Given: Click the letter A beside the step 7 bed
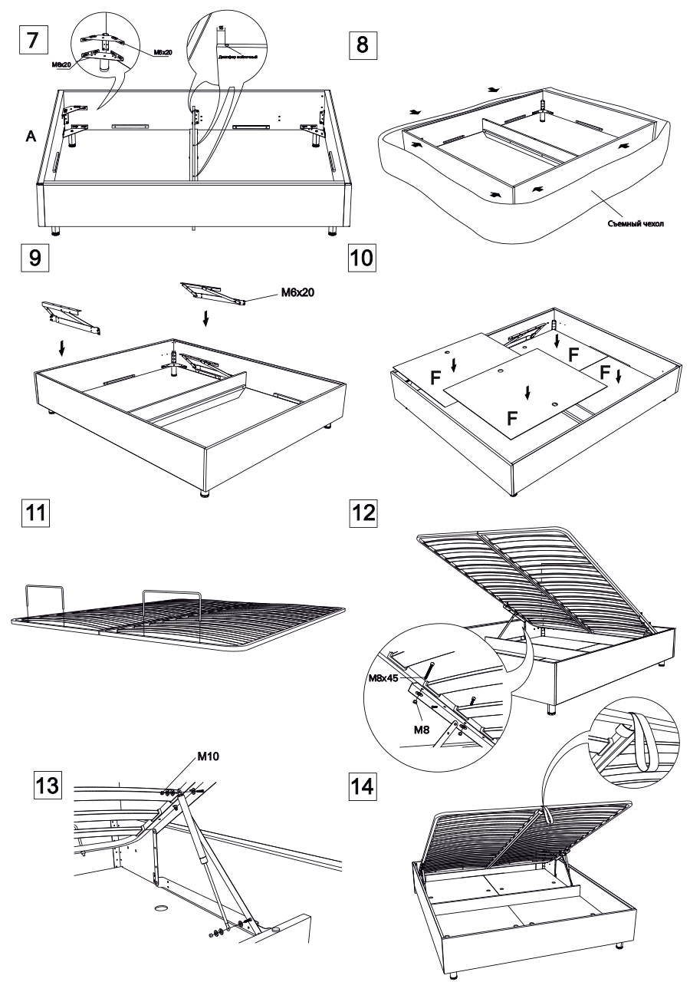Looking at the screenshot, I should pos(31,137).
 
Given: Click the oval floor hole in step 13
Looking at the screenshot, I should pos(162,908).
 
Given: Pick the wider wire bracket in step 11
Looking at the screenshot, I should pos(171,612).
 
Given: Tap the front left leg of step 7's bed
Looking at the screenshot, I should pos(55,229).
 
